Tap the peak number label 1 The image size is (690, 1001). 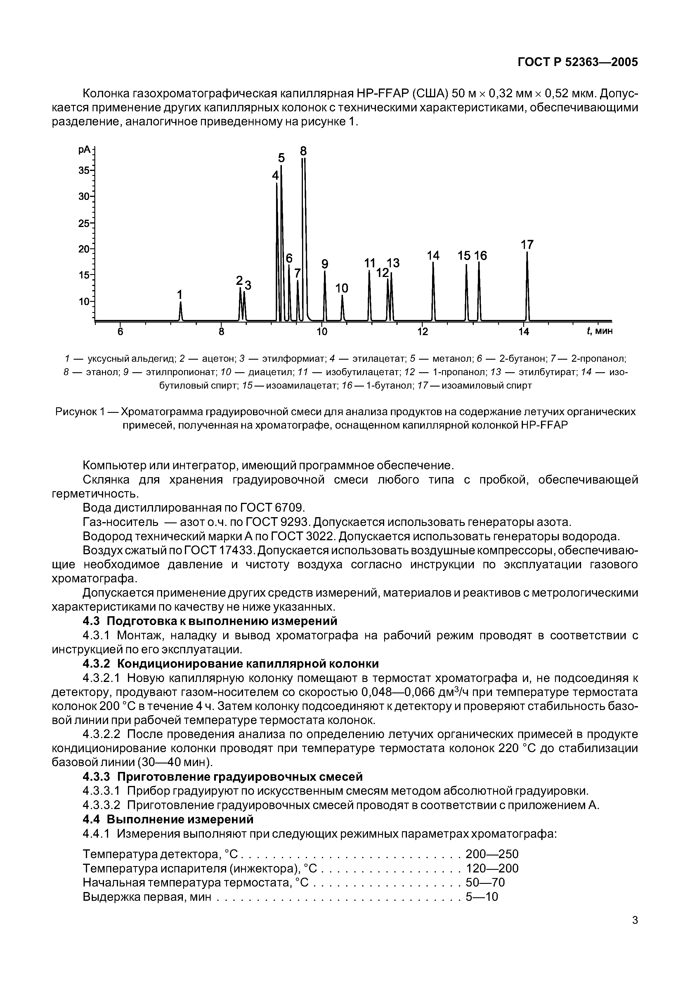pyautogui.click(x=180, y=295)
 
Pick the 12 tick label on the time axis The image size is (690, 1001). pyautogui.click(x=422, y=332)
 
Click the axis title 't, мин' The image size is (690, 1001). pyautogui.click(x=599, y=331)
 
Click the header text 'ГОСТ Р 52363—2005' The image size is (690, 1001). pyautogui.click(x=578, y=62)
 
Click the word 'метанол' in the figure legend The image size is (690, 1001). pyautogui.click(x=446, y=359)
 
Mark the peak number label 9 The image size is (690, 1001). pyautogui.click(x=325, y=264)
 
